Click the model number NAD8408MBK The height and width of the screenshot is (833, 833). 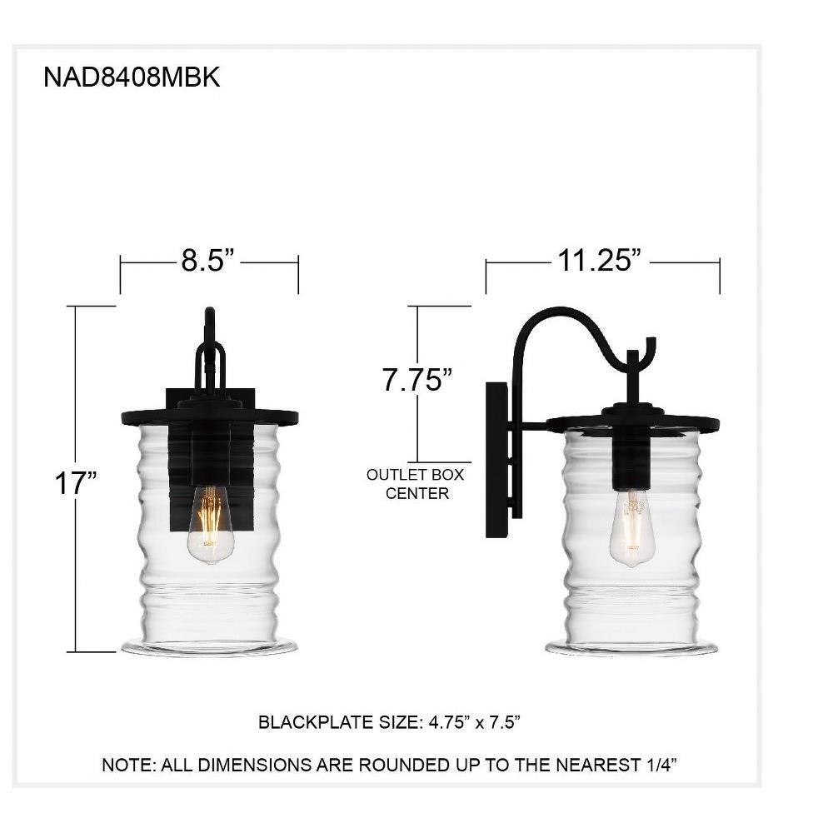coord(132,77)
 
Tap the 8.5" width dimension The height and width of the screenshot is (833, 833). coord(207,260)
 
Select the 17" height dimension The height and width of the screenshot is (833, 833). coord(76,483)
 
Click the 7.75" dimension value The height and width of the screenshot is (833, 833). coord(417,380)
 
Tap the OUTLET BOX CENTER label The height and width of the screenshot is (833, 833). coord(416,484)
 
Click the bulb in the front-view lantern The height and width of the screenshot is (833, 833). coord(211,524)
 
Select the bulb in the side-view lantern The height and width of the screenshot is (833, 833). coord(631,527)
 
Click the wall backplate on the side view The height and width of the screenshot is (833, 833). coord(496,460)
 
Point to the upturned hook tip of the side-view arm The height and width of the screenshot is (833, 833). coord(652,340)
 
